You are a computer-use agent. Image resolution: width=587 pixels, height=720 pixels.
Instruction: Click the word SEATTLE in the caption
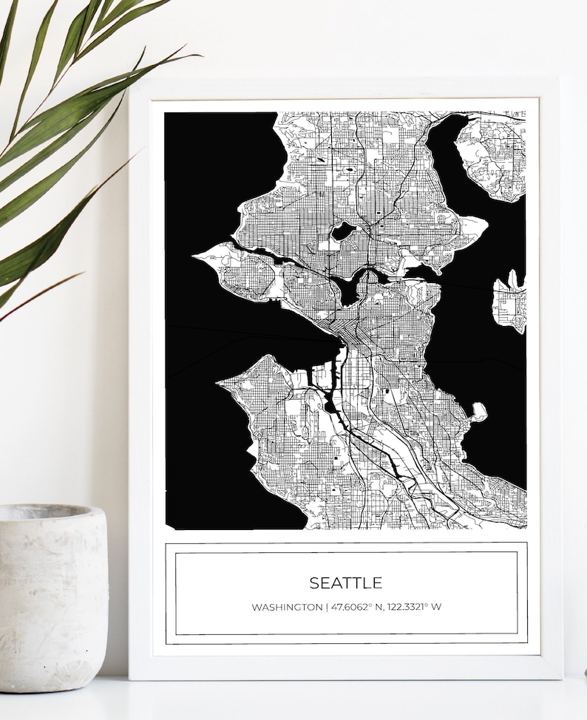pyautogui.click(x=345, y=583)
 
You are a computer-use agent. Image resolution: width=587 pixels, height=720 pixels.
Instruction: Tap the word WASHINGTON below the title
pyautogui.click(x=286, y=608)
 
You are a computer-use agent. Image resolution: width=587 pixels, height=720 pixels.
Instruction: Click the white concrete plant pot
pyautogui.click(x=52, y=599)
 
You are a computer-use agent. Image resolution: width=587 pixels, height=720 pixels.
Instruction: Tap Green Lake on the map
pyautogui.click(x=342, y=231)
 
